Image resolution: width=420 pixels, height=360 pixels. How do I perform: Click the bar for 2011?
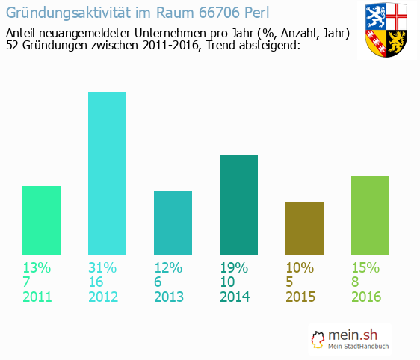tap(41, 220)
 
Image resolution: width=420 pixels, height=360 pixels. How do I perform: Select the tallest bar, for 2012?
tap(107, 173)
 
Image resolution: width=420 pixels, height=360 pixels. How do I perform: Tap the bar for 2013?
tap(173, 223)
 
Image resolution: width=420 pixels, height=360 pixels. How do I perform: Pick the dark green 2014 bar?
tap(238, 204)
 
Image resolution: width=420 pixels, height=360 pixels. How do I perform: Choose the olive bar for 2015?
tap(304, 228)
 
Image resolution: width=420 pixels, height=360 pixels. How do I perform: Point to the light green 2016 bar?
tap(370, 214)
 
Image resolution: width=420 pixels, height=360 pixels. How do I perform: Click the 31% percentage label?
tap(102, 267)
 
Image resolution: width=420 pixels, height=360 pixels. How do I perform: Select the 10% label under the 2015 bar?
tap(300, 267)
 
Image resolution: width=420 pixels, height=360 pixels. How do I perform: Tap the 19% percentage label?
tap(234, 267)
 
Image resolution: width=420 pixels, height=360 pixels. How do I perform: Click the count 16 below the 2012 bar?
tap(96, 282)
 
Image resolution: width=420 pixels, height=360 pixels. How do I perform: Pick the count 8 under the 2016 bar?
tap(356, 282)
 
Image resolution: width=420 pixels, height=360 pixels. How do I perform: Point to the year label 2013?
tap(169, 297)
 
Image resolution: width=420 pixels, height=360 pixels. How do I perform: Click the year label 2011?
tap(37, 297)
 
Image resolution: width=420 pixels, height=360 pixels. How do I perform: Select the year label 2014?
tap(235, 297)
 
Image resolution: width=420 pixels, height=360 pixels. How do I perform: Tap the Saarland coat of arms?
tap(386, 31)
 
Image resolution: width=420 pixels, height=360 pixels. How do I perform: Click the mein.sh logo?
tap(351, 340)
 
